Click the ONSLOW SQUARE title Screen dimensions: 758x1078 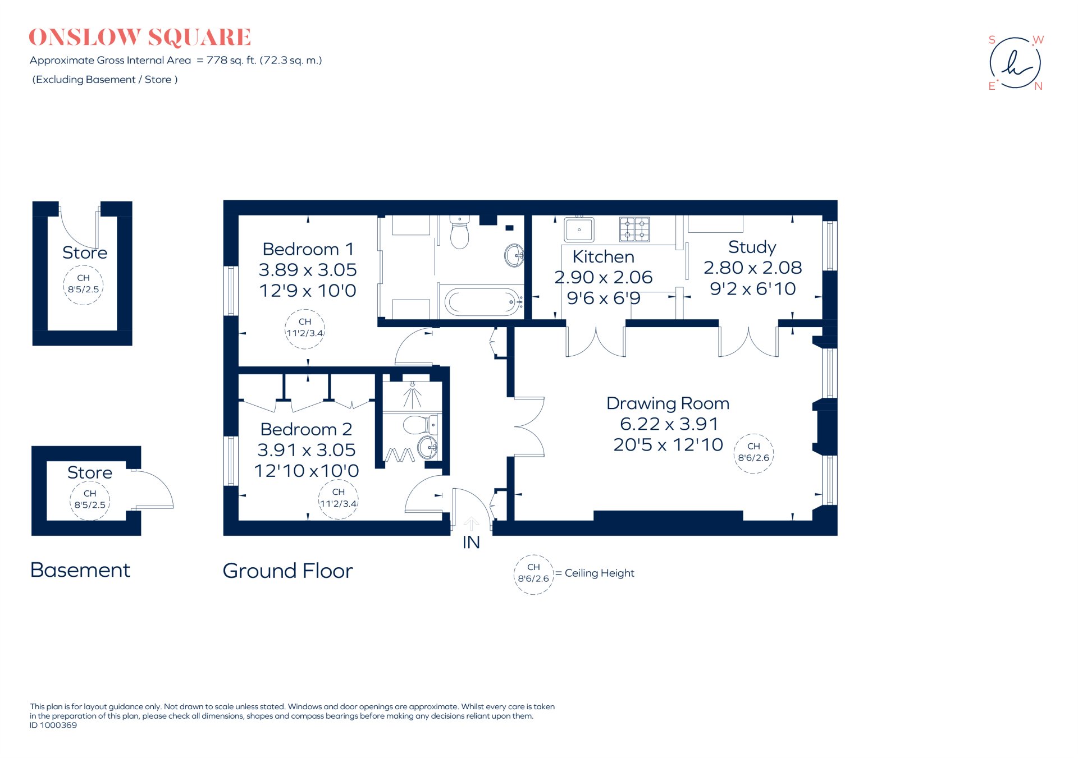[x=140, y=38]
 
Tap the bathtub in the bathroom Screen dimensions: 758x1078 [x=482, y=302]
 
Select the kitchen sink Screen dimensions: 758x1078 [x=579, y=229]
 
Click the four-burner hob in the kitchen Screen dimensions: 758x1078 [x=634, y=229]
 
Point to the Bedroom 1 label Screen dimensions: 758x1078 [x=308, y=249]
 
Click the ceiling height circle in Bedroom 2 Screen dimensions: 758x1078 [x=338, y=498]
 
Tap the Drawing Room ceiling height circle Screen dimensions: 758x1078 [x=753, y=453]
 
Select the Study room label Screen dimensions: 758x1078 [x=752, y=247]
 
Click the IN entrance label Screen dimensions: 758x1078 [x=471, y=543]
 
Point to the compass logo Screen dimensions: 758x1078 [x=1015, y=63]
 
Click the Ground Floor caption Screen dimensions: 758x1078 [x=287, y=571]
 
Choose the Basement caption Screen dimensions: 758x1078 [x=80, y=570]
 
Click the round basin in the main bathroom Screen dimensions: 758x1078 [x=514, y=255]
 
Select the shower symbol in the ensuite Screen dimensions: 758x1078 [x=413, y=395]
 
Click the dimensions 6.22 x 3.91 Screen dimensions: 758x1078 [x=669, y=424]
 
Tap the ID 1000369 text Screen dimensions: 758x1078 [x=53, y=725]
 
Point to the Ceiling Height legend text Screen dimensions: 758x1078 [x=599, y=573]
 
